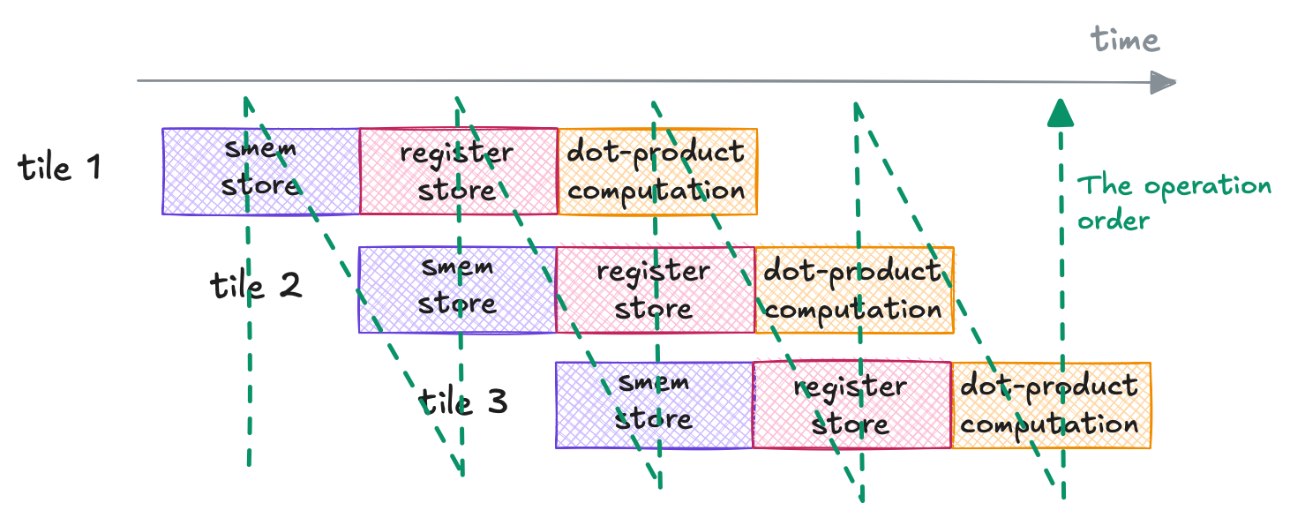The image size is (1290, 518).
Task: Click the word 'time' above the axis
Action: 1125,40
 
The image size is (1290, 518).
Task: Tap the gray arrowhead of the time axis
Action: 1164,83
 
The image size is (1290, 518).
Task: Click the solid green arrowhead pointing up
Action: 1061,112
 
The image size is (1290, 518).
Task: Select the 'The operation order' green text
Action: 1174,202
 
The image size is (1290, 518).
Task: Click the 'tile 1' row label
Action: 59,167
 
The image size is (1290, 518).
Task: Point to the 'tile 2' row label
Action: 256,285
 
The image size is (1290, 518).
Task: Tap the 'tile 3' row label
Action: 463,402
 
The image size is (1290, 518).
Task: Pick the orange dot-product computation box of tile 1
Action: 657,171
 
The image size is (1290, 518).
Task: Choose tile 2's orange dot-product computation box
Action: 854,289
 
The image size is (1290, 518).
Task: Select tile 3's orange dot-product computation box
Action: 1051,405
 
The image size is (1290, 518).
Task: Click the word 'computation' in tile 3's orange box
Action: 1050,424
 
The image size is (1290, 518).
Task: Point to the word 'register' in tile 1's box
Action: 456,153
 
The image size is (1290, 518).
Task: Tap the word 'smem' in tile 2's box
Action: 457,267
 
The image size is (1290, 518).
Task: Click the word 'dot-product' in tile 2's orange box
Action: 851,271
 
